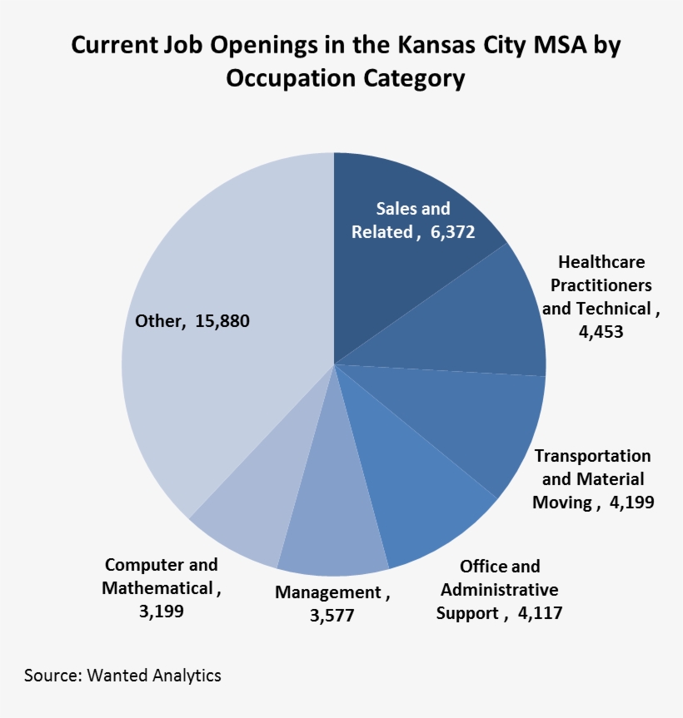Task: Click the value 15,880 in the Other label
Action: point(222,321)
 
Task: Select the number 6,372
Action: point(452,232)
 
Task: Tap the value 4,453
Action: point(601,332)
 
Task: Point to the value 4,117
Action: point(538,613)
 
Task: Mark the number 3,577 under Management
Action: point(332,616)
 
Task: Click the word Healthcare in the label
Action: point(601,262)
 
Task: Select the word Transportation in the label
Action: point(592,456)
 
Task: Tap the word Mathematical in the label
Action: point(157,587)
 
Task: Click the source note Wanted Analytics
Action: point(154,675)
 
